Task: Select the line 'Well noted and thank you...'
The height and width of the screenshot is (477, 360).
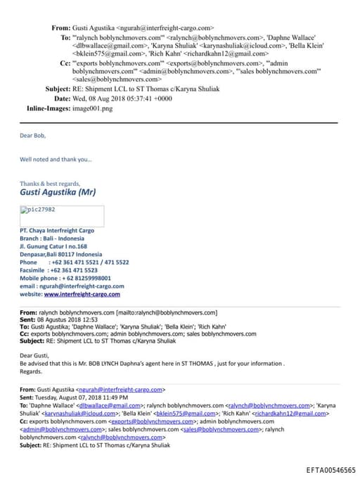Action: click(x=56, y=159)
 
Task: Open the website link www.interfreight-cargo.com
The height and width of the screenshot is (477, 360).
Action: click(x=83, y=295)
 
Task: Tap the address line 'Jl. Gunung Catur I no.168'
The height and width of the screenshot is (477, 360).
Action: click(x=53, y=247)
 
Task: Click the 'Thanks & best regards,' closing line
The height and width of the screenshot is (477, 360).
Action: click(x=49, y=183)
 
